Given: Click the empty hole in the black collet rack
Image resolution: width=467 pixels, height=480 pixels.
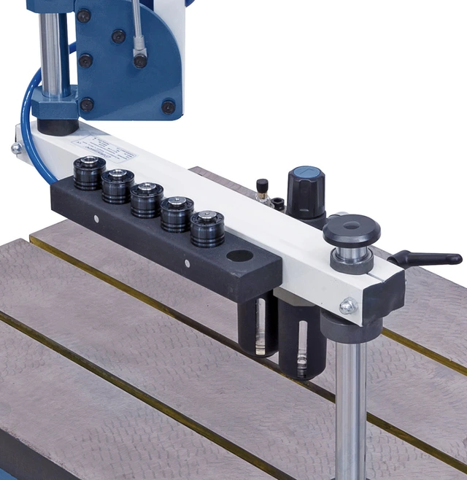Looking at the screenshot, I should coord(240,256).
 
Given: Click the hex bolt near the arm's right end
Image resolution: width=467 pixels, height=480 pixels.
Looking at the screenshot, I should coord(347,306).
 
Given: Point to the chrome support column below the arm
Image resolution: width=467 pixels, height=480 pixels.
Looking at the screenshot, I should coord(350,409).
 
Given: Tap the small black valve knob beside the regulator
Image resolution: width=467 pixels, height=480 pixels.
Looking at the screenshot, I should coord(261,187).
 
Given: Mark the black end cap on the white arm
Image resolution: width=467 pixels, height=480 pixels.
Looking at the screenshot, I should coord(389,295).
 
